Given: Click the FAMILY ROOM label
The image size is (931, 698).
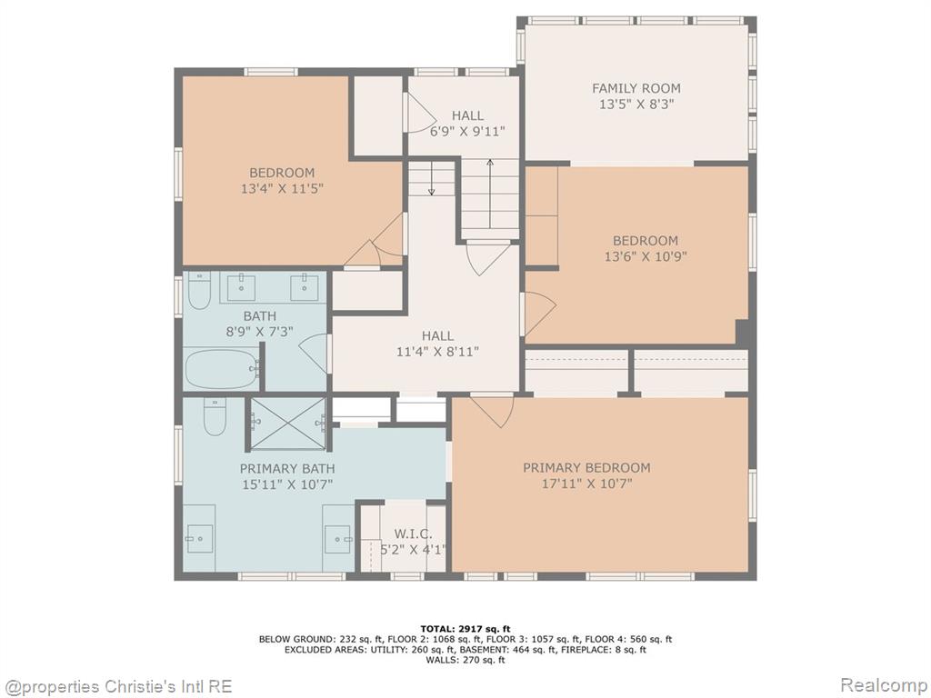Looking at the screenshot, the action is [636, 88].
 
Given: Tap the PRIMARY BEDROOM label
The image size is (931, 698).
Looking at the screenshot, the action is [586, 468].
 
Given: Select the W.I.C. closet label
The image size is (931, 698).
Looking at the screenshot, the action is [414, 534].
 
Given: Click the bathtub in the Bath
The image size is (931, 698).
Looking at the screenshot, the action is [222, 369].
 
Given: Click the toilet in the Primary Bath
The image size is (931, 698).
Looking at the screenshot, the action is [215, 416].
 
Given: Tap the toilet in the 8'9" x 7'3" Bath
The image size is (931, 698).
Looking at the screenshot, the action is [199, 290].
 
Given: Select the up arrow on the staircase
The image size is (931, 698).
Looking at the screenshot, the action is [490, 194].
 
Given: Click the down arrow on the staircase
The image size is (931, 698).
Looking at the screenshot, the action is [432, 178].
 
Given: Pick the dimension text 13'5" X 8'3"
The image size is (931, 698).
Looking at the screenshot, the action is [636, 105].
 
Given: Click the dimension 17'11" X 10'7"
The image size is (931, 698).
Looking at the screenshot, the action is [586, 484].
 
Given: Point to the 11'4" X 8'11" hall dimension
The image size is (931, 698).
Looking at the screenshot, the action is [437, 352].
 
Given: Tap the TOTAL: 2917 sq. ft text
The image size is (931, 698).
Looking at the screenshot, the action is [465, 629].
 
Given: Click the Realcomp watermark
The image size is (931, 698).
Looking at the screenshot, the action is [881, 685].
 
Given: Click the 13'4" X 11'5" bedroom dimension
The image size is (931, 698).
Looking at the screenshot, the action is [282, 189].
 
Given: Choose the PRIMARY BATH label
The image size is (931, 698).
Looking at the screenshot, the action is [287, 468].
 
